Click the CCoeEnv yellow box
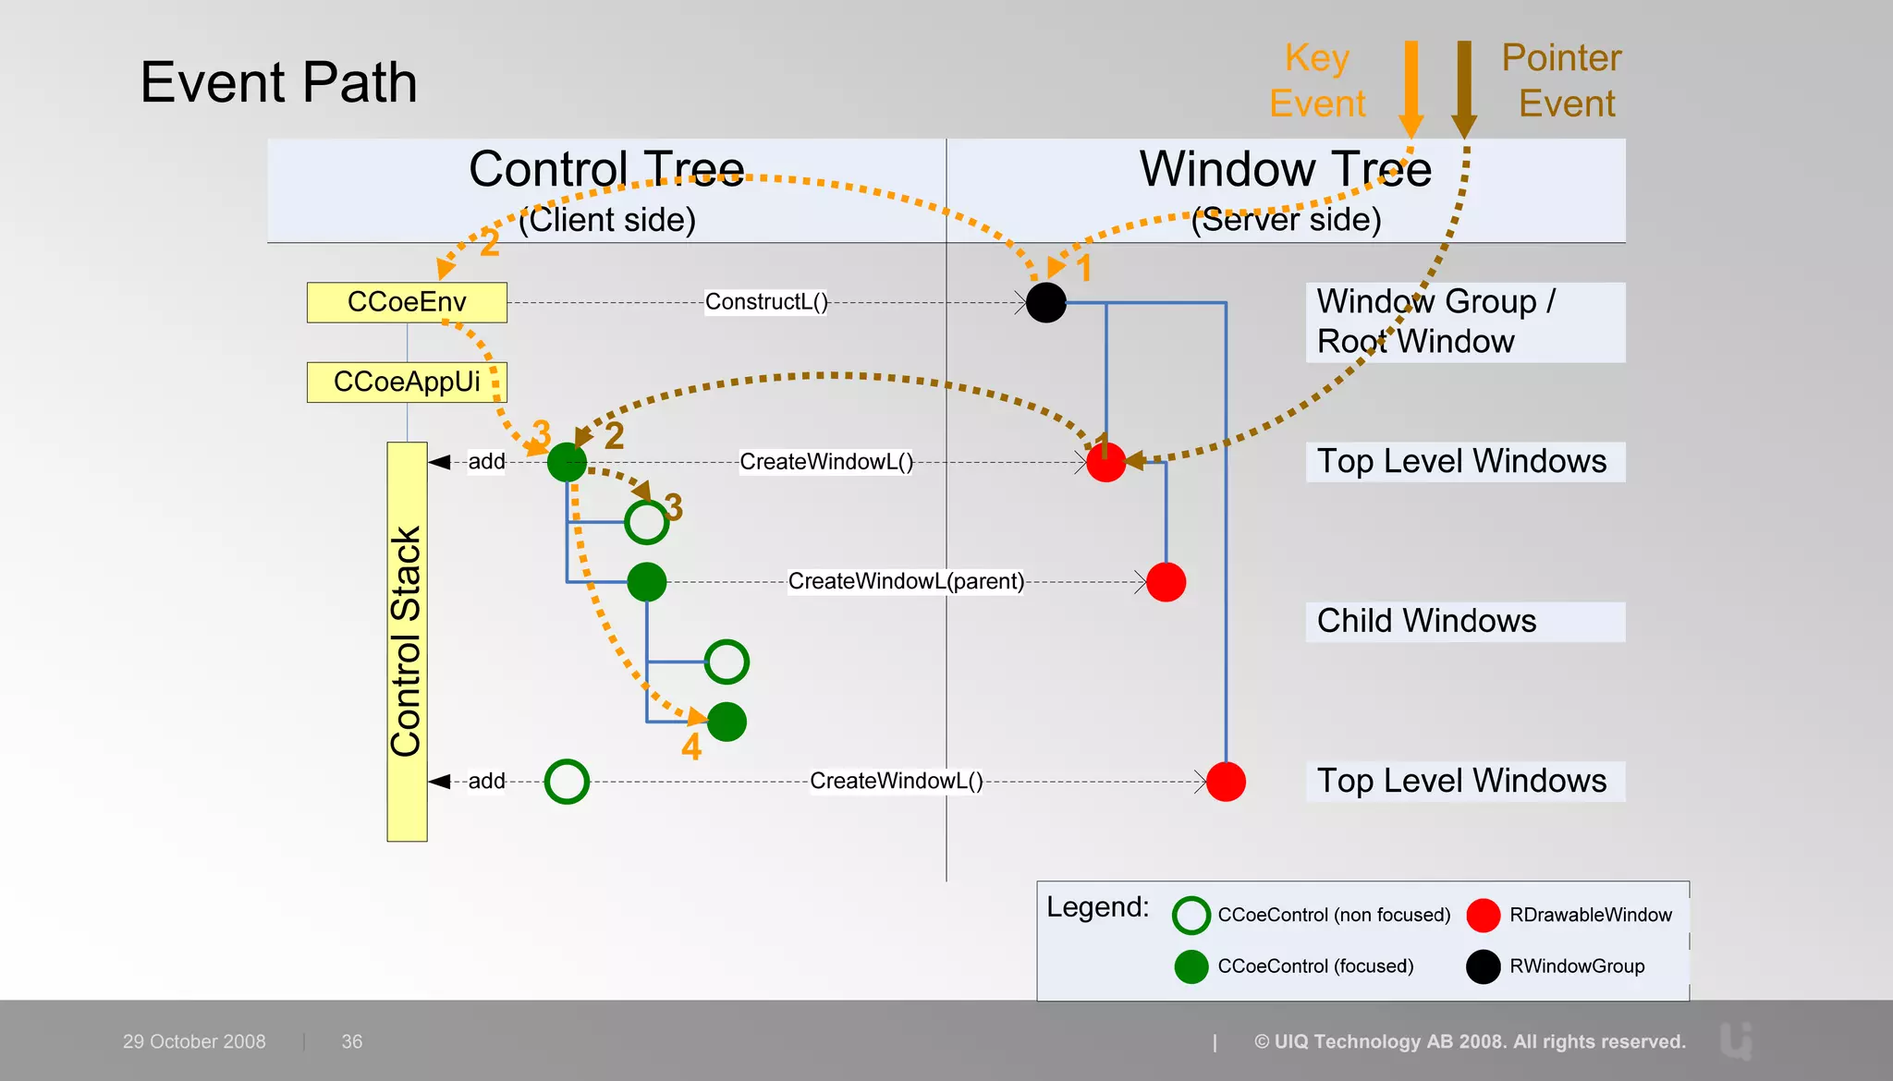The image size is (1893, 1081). coord(407,302)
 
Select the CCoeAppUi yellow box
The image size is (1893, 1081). coord(407,382)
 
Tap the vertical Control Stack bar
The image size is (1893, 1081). coord(407,641)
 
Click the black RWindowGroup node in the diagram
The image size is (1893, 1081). coord(1045,302)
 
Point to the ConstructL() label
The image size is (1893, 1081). coord(766,302)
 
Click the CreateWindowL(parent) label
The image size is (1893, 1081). coord(905,581)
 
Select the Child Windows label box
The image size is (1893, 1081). coord(1464,621)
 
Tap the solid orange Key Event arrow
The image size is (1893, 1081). coord(1411,88)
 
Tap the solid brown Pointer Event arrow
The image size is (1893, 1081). coord(1464,88)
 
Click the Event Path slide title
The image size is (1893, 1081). coord(278,82)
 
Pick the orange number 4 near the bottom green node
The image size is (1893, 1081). coord(691,747)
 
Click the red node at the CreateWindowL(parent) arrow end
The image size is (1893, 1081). coord(1166,582)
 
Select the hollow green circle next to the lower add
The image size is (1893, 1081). coord(567,782)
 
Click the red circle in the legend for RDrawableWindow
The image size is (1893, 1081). coord(1483,915)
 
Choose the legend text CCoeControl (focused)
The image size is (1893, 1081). coord(1315,966)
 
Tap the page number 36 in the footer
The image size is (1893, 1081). coord(352,1041)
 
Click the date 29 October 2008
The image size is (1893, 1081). coord(194,1041)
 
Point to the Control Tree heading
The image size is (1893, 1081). coord(606,170)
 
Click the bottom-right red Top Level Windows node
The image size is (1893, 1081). coord(1226,782)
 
